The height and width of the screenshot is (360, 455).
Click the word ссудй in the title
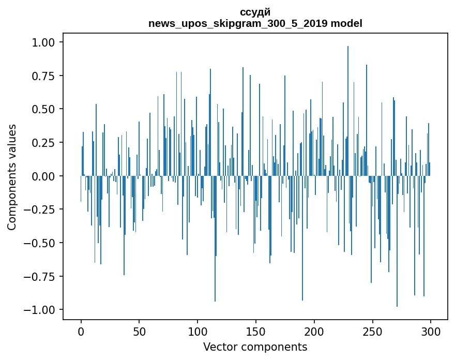pyautogui.click(x=255, y=12)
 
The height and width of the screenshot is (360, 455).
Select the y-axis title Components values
pyautogui.click(x=12, y=176)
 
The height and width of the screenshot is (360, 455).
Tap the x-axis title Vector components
pyautogui.click(x=255, y=347)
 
